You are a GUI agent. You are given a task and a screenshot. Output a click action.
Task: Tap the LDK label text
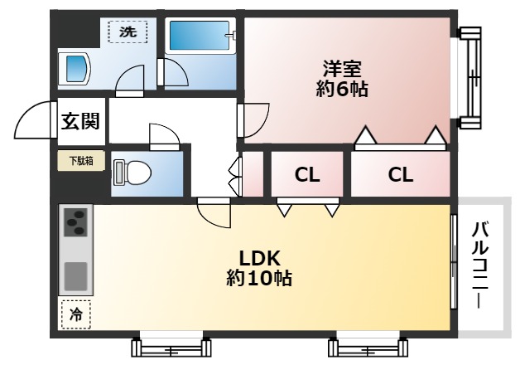(x=258, y=257)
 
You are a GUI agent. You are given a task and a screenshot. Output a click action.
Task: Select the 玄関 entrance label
(x=80, y=121)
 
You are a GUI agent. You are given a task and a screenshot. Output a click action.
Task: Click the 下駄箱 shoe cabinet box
(x=81, y=161)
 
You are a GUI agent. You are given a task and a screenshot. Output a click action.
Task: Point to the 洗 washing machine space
(x=128, y=32)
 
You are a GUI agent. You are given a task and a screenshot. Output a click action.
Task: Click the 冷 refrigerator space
(x=75, y=315)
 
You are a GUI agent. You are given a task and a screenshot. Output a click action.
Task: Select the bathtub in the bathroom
(x=200, y=38)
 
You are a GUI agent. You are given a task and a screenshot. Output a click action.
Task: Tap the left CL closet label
(x=307, y=175)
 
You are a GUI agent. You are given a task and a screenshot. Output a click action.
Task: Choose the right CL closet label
(x=401, y=175)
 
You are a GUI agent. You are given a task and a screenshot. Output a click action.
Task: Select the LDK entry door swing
(x=214, y=213)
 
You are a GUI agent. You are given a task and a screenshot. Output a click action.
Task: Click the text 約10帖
(x=258, y=279)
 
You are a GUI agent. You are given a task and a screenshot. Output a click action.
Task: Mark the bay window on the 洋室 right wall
(x=469, y=75)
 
